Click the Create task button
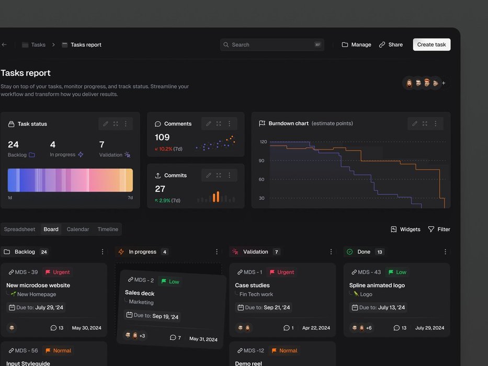tap(432, 44)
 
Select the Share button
tap(391, 45)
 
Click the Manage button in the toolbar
tap(356, 45)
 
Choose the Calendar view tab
tap(78, 229)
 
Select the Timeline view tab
tap(108, 229)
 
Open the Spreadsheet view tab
tap(20, 229)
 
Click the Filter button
tap(439, 229)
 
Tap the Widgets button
tap(405, 229)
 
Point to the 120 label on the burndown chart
tap(263, 142)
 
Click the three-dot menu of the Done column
tap(445, 251)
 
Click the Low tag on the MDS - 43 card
tap(397, 272)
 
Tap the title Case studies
tap(253, 285)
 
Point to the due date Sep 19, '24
tap(165, 316)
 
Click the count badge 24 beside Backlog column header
tap(44, 252)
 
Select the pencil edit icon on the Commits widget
tap(208, 175)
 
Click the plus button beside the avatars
tap(444, 83)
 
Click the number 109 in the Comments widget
tap(162, 137)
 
